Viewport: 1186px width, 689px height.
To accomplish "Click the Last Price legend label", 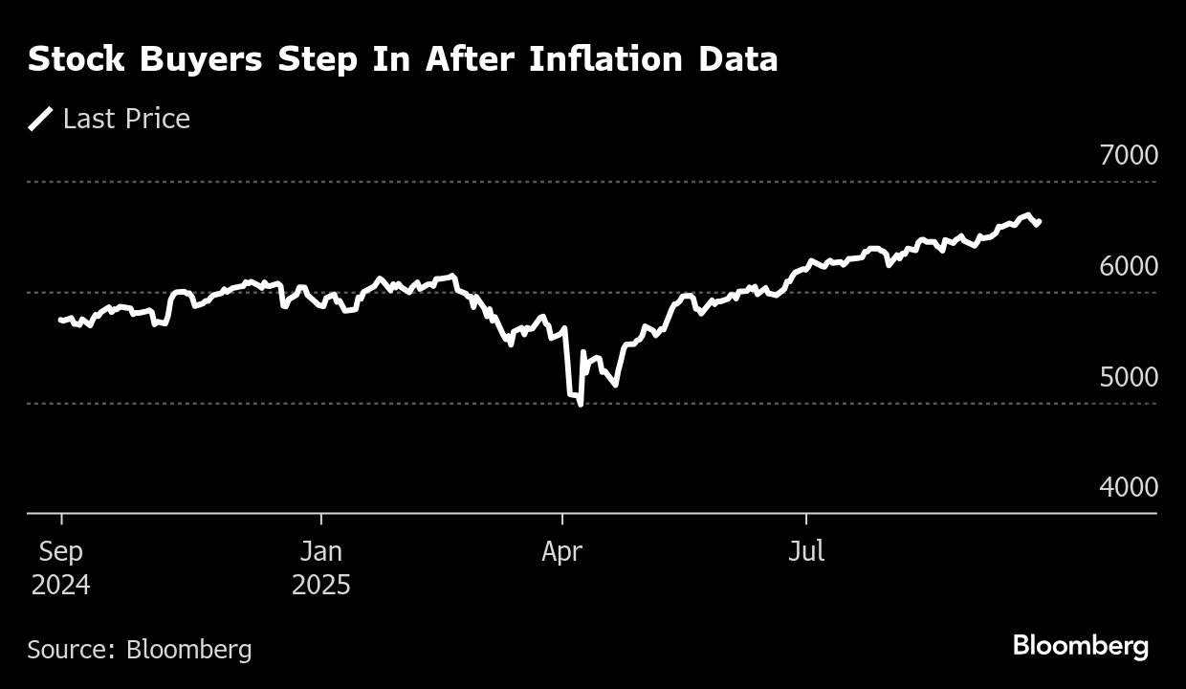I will (x=126, y=119).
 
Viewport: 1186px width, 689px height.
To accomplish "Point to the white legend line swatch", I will (x=40, y=119).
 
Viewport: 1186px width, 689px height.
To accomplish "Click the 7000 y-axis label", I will (x=1129, y=155).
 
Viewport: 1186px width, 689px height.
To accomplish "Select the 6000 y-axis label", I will (x=1129, y=266).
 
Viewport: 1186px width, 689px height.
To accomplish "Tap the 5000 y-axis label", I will (x=1129, y=377).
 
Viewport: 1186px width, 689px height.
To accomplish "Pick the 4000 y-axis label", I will (x=1129, y=487).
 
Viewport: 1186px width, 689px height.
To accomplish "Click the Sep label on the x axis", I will (x=61, y=552).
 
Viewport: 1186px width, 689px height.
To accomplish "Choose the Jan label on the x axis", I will (x=321, y=552).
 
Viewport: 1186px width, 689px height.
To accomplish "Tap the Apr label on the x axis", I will (x=562, y=552).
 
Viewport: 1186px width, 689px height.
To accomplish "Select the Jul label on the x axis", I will (x=806, y=552).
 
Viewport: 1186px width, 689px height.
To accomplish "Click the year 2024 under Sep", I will (x=61, y=585).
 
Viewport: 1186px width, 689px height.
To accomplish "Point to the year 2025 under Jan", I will (x=321, y=585).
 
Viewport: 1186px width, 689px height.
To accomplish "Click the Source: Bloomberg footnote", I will (x=140, y=650).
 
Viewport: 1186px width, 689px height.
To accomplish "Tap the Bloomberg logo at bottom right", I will (x=1081, y=646).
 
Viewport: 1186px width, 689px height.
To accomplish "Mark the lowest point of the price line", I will (x=581, y=405).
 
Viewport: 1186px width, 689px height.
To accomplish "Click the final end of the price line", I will (x=1040, y=221).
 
